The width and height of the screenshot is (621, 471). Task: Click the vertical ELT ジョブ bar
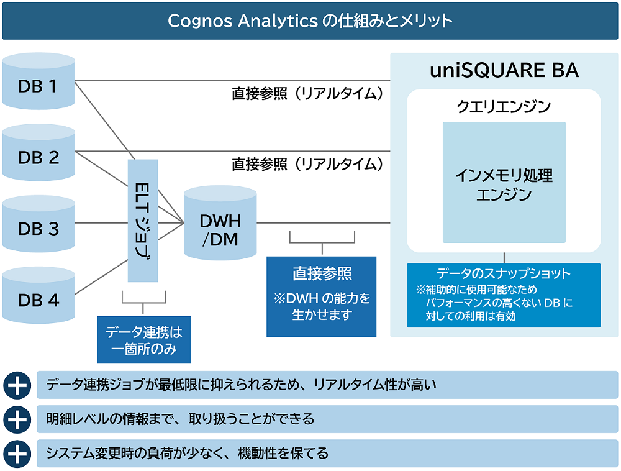(x=143, y=221)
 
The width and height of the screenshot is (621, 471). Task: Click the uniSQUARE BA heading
(x=504, y=71)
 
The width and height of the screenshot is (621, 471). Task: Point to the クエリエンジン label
(x=504, y=107)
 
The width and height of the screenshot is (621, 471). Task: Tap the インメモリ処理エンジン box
(x=504, y=182)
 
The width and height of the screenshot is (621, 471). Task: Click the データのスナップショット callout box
(x=504, y=295)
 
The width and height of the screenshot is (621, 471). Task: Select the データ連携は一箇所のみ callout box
(x=143, y=340)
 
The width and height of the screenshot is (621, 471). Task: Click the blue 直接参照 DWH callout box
(x=322, y=296)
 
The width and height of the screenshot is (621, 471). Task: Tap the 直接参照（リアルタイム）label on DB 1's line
(x=307, y=94)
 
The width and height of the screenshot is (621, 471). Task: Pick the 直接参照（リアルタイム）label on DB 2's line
(x=307, y=164)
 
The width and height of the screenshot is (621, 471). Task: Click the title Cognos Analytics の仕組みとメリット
(x=310, y=21)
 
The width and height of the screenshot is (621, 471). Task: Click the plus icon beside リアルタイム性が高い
(x=17, y=385)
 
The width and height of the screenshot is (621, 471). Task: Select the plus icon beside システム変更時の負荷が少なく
(x=17, y=454)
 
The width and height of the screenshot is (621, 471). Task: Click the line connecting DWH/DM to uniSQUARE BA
(x=323, y=222)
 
